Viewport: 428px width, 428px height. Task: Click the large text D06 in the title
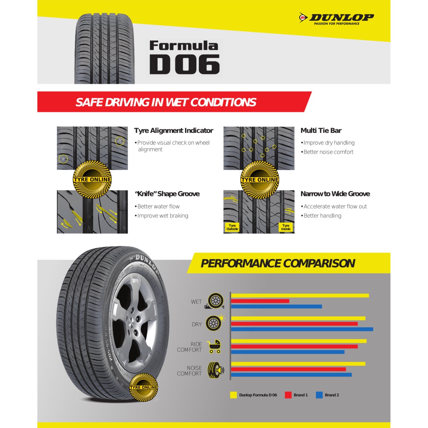click(184, 64)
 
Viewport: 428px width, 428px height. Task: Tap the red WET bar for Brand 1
click(260, 301)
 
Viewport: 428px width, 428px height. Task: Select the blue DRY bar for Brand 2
click(302, 329)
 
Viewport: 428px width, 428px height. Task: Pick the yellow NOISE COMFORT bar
click(298, 364)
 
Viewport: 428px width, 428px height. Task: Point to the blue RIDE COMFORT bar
click(288, 352)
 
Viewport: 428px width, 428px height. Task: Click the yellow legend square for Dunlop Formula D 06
click(233, 395)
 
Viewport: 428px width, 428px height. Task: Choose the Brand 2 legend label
click(332, 395)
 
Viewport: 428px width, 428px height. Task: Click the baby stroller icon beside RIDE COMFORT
click(214, 346)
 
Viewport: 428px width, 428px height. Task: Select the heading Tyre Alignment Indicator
click(173, 130)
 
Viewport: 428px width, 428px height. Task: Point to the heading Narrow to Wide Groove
click(335, 194)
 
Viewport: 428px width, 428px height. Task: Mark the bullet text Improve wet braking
click(163, 216)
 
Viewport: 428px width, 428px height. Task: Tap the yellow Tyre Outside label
click(232, 227)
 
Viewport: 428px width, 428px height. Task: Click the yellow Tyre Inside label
click(285, 227)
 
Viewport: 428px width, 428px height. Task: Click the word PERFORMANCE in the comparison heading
click(240, 263)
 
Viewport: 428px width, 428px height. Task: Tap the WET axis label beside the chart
click(196, 302)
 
